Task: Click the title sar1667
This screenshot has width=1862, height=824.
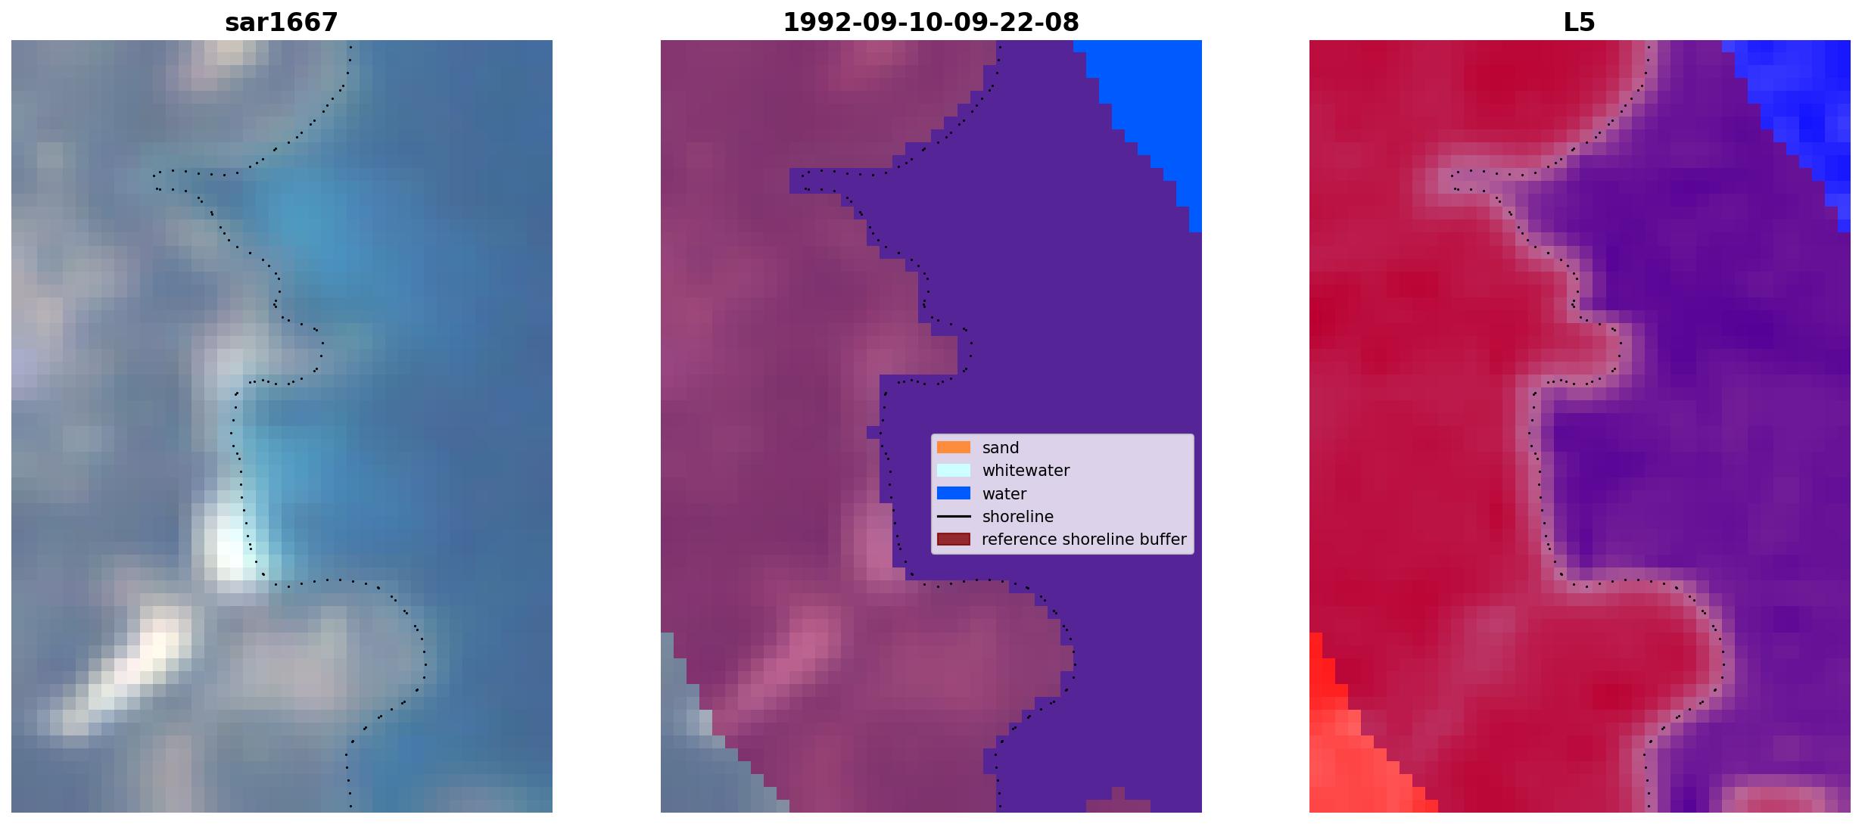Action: (282, 23)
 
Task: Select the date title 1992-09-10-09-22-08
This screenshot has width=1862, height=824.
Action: (931, 23)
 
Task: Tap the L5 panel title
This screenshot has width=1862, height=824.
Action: (1579, 23)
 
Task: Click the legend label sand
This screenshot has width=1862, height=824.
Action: (1001, 448)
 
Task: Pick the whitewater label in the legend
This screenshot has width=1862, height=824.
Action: (1026, 471)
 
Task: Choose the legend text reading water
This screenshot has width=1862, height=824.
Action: (1004, 494)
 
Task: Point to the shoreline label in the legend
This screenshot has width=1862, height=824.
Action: (1018, 517)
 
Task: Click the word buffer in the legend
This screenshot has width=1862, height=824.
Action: (1159, 539)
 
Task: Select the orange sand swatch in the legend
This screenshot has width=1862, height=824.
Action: (954, 447)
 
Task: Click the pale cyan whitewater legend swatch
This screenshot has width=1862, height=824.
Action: (954, 471)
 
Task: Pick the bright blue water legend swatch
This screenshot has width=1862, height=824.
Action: (954, 493)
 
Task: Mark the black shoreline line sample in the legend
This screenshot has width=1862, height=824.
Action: (954, 517)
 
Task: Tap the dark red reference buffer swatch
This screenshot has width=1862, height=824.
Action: (954, 539)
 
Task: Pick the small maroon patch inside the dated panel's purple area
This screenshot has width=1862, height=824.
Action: (1118, 802)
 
